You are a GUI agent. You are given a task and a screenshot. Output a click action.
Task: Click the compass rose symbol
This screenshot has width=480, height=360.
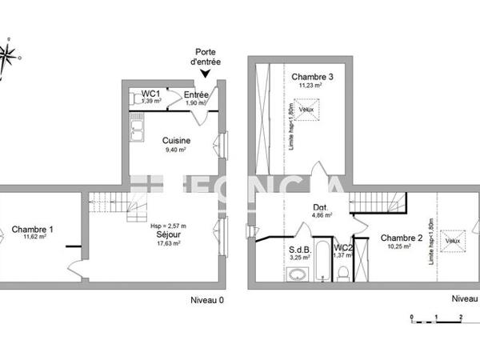coord(9,55)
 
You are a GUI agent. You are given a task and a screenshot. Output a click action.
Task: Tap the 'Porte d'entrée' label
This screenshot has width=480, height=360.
coord(206,57)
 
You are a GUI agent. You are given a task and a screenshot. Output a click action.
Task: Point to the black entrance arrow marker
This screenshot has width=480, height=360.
coord(206,74)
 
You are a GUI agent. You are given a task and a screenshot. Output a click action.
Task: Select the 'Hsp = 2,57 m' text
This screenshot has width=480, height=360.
coord(168,226)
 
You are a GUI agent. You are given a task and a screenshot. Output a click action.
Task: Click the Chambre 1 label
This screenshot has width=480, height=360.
coord(33,230)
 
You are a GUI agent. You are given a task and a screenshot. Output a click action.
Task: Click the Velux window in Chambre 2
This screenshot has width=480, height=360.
coord(453,239)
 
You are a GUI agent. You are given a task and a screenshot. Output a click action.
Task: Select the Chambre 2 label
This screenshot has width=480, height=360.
coord(401,238)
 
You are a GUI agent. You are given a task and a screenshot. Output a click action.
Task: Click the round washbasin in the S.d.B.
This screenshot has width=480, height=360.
coord(298,275)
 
